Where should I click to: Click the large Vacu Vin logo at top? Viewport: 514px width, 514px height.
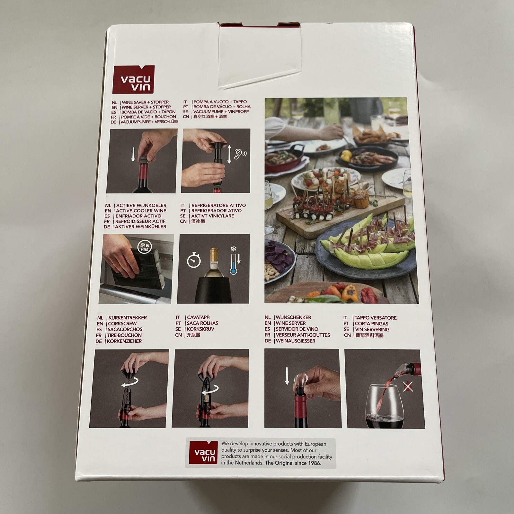pyautogui.click(x=134, y=80)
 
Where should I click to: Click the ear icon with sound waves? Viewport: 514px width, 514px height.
pyautogui.click(x=239, y=154)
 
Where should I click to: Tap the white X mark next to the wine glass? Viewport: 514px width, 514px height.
pyautogui.click(x=408, y=387)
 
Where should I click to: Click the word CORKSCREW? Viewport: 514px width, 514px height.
pyautogui.click(x=122, y=323)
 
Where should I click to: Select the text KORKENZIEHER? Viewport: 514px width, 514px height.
pyautogui.click(x=124, y=341)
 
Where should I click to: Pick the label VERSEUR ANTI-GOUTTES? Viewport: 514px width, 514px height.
pyautogui.click(x=303, y=335)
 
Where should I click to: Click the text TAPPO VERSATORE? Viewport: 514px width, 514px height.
pyautogui.click(x=375, y=318)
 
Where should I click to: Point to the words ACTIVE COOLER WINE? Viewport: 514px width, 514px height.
pyautogui.click(x=141, y=211)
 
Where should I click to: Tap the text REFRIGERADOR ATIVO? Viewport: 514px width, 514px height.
pyautogui.click(x=217, y=211)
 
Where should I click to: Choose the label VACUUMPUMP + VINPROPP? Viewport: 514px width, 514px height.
pyautogui.click(x=221, y=111)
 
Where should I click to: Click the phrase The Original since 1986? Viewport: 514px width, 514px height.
pyautogui.click(x=293, y=463)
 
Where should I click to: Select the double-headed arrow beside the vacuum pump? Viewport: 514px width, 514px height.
pyautogui.click(x=229, y=154)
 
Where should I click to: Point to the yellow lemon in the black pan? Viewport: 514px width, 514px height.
pyautogui.click(x=346, y=156)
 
